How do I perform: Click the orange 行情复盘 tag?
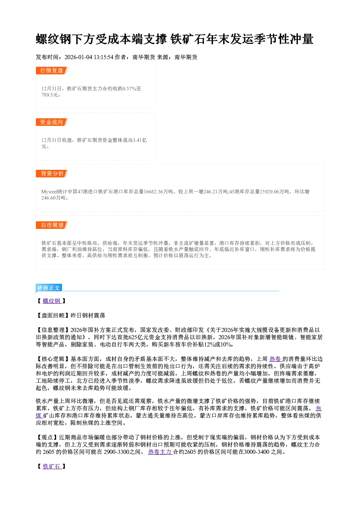[x=52, y=71]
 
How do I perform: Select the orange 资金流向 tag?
[x=52, y=122]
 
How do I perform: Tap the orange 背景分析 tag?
[x=52, y=174]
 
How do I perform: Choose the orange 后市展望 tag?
[x=52, y=225]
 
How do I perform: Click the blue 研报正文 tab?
[x=49, y=288]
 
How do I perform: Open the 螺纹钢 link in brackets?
[x=52, y=301]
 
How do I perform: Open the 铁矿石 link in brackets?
[x=52, y=467]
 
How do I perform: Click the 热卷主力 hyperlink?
[x=160, y=452]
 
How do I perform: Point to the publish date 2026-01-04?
[x=78, y=57]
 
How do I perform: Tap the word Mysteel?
[x=49, y=192]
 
